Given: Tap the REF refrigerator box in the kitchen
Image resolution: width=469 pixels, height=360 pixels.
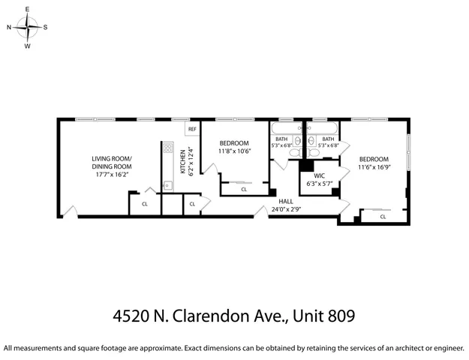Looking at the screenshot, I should click(192, 129).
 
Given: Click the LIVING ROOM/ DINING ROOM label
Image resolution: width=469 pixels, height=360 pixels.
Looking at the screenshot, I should click(111, 162).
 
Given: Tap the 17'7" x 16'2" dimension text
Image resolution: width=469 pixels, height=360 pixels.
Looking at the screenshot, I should click(111, 174).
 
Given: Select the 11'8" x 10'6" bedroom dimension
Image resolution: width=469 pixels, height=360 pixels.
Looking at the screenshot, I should click(234, 151).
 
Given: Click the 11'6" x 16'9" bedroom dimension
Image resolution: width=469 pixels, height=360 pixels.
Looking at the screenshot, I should click(373, 167).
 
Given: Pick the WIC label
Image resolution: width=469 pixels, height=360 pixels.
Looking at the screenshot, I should click(318, 175).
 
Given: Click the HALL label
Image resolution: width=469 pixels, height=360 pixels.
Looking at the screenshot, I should click(286, 201).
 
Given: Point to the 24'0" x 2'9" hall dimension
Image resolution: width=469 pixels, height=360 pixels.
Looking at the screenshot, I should click(286, 209).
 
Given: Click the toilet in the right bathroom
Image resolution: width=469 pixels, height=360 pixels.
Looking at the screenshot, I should click(313, 151).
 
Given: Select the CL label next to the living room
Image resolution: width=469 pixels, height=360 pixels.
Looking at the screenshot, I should click(145, 203).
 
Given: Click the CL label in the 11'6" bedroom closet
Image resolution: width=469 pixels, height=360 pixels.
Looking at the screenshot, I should click(383, 217).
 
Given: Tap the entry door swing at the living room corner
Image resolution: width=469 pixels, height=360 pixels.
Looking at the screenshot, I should click(68, 211).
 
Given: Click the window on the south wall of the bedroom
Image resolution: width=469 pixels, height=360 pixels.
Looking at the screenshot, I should click(409, 154).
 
